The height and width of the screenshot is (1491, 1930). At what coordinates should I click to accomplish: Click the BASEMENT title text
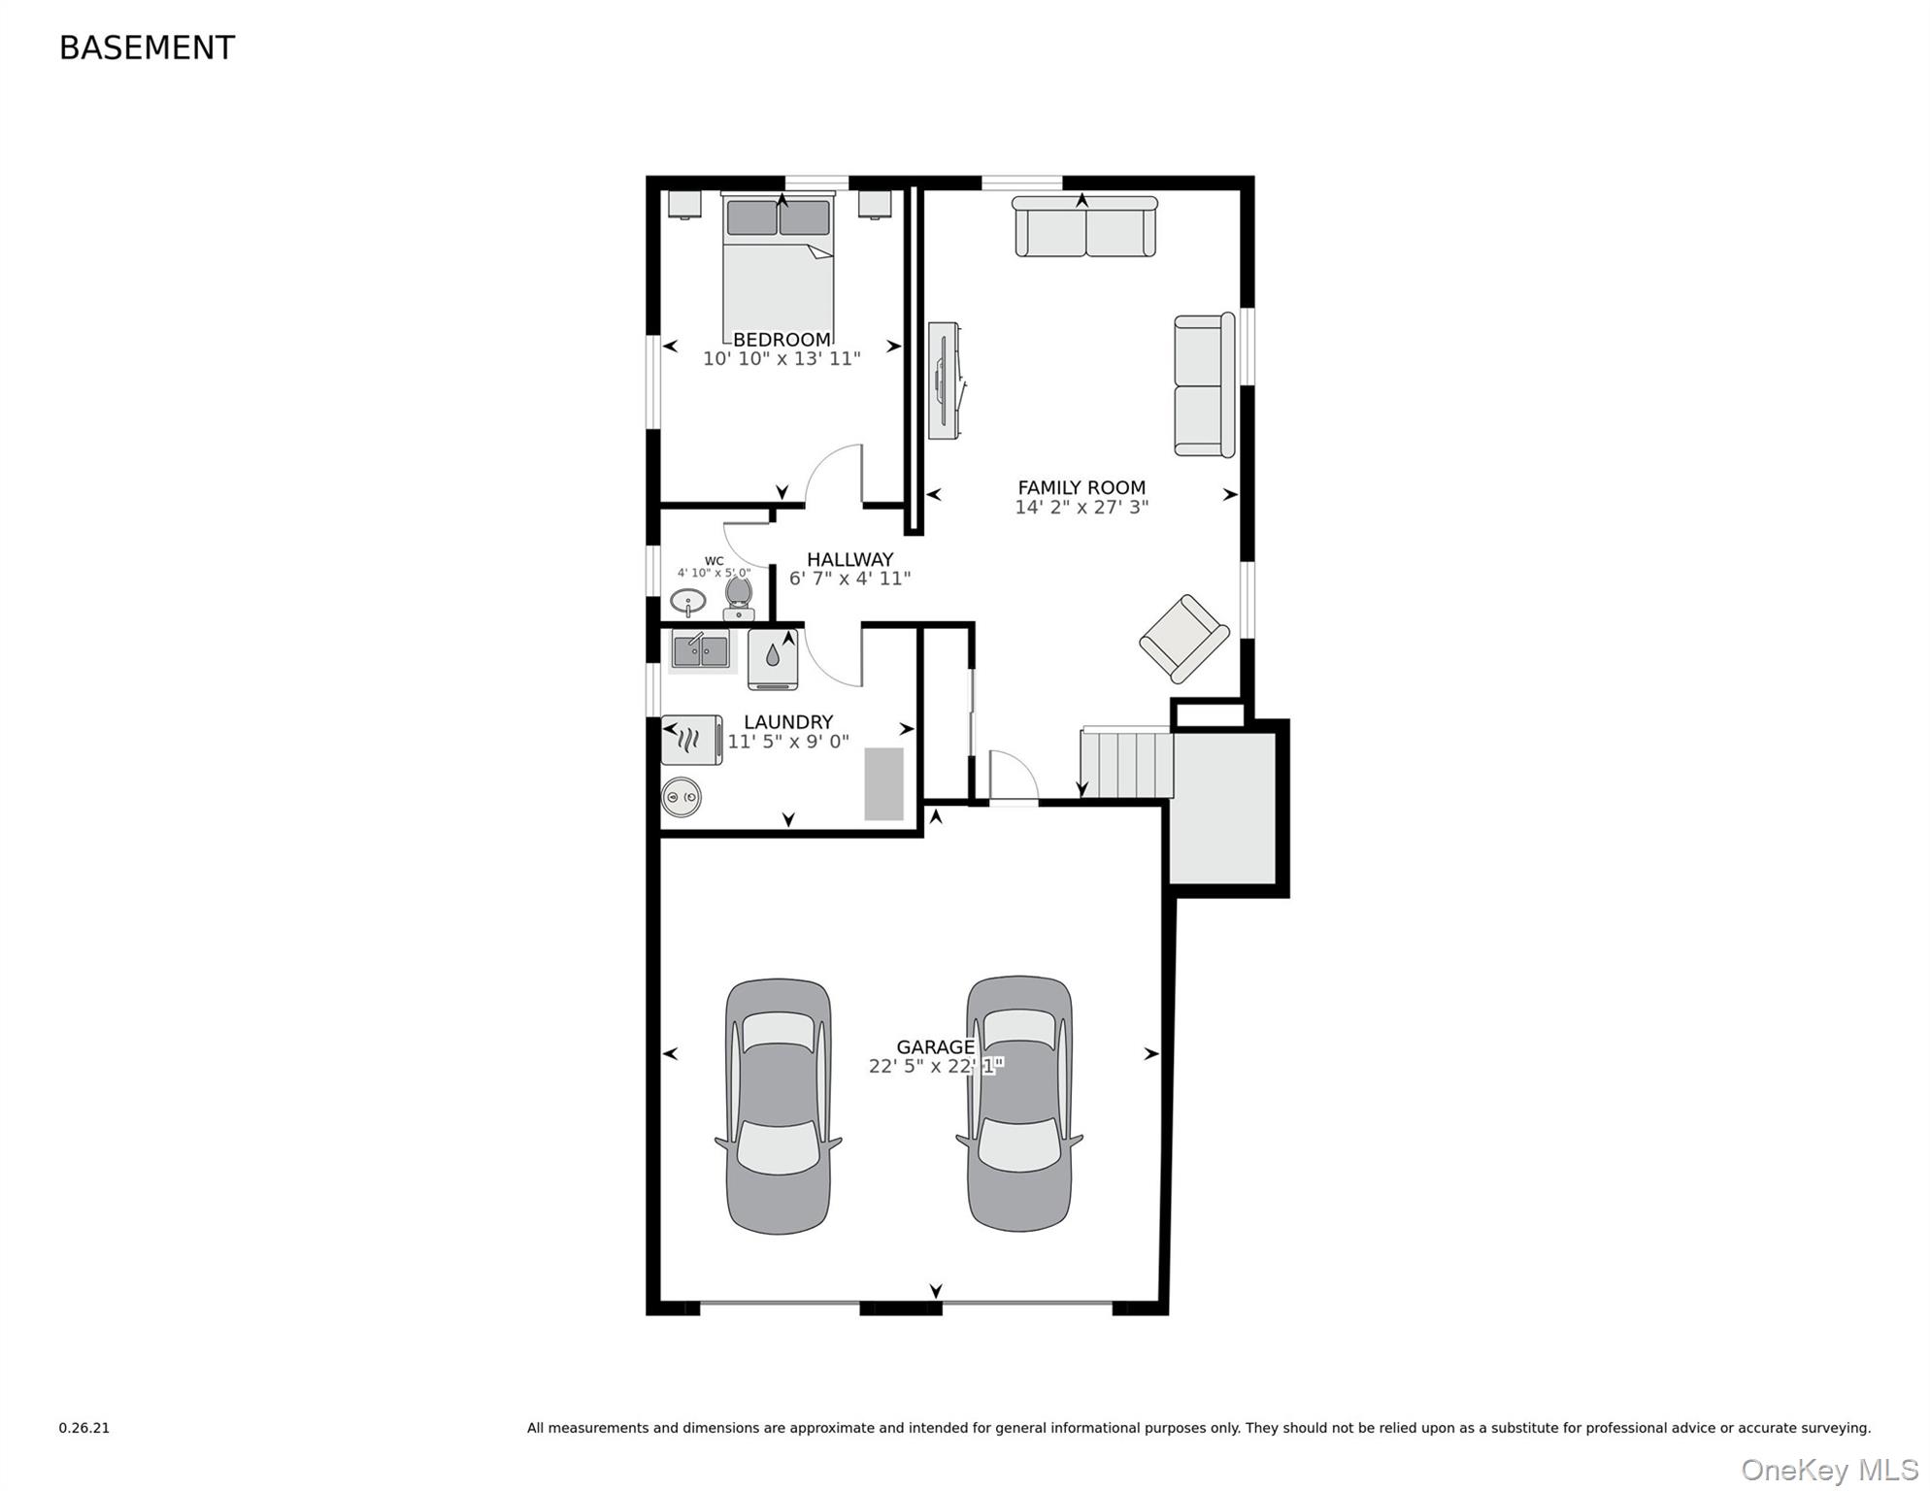(x=147, y=48)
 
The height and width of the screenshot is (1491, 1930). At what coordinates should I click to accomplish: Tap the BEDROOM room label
(x=782, y=340)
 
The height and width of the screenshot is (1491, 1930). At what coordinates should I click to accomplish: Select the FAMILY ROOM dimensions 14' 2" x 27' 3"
(x=1081, y=507)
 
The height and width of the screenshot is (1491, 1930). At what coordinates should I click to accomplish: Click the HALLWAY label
(x=849, y=559)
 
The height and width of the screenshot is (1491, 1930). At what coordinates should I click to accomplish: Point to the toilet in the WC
(x=739, y=598)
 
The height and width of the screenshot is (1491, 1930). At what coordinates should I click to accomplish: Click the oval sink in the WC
(x=688, y=602)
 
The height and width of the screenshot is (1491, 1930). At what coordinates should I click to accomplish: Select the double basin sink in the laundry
(x=701, y=650)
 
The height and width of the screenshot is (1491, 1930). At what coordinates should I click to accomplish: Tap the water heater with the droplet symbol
(x=773, y=659)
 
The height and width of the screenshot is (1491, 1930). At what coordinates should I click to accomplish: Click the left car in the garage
(x=778, y=1107)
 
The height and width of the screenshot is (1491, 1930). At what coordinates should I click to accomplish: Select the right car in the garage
(x=1019, y=1105)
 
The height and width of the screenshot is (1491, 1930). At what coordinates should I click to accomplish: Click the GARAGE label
(x=935, y=1046)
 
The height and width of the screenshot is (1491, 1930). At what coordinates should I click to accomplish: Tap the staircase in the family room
(x=1126, y=764)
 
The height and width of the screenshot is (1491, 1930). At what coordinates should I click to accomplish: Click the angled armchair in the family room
(x=1184, y=639)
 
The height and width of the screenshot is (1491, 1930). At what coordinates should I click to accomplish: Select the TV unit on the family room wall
(x=945, y=381)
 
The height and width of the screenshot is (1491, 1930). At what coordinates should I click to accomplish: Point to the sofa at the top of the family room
(x=1084, y=228)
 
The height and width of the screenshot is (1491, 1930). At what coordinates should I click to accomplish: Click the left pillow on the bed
(x=752, y=217)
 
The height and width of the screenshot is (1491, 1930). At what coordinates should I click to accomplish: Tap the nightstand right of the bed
(x=875, y=204)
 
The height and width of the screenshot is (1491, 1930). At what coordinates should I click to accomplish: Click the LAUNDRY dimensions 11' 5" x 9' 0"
(x=788, y=741)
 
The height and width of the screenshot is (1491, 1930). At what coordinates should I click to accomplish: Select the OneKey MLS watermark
(x=1828, y=1470)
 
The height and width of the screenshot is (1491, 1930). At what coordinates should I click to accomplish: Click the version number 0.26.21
(x=84, y=1428)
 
